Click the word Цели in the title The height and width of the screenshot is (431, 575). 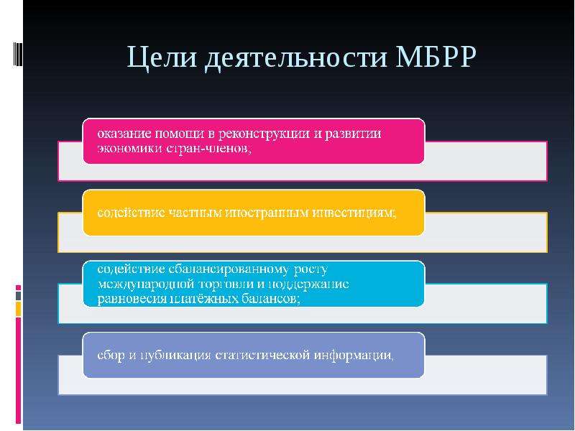coord(162,57)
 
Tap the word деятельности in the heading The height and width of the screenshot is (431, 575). coord(296,57)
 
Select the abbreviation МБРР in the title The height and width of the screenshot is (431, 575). coord(436,57)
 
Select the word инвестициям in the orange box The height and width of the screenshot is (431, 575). coord(354,213)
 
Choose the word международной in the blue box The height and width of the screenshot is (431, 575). coord(147,284)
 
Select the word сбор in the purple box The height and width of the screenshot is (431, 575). coord(111,355)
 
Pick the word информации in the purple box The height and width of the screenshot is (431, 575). coord(354,355)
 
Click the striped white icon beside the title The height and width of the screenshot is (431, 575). coord(17,54)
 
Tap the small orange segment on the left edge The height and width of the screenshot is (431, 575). coord(18,309)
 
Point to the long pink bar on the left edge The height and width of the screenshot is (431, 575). coord(18,370)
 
